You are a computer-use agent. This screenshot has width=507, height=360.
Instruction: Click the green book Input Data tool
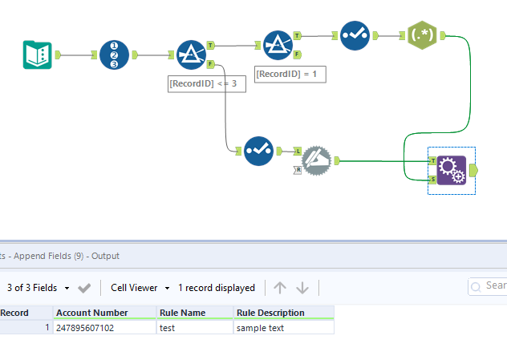[x=37, y=55]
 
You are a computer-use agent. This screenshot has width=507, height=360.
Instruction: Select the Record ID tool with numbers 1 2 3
[x=114, y=55]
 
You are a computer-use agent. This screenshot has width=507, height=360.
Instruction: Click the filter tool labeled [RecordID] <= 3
[x=191, y=55]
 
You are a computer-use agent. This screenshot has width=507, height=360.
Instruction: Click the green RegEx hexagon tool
[x=422, y=36]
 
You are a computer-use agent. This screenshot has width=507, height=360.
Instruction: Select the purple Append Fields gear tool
[x=451, y=170]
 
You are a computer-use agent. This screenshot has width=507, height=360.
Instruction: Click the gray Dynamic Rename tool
[x=316, y=160]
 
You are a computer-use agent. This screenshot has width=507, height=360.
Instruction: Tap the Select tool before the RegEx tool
[x=355, y=36]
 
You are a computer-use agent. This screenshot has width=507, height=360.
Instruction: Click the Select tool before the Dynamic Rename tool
[x=258, y=150]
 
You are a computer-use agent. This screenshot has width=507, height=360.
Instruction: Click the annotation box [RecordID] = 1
[x=290, y=74]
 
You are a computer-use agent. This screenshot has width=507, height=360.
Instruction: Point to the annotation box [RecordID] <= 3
[x=206, y=83]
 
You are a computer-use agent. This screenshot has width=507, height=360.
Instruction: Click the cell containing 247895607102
[x=104, y=327]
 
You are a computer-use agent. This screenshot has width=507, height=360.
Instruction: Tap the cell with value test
[x=195, y=327]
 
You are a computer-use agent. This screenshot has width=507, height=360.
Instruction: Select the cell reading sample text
[x=283, y=327]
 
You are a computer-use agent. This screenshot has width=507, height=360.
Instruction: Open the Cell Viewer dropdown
[x=140, y=288]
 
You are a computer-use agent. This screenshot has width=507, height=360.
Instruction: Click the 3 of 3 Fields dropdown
[x=38, y=288]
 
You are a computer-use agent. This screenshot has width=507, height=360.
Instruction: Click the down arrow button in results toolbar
[x=302, y=288]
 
